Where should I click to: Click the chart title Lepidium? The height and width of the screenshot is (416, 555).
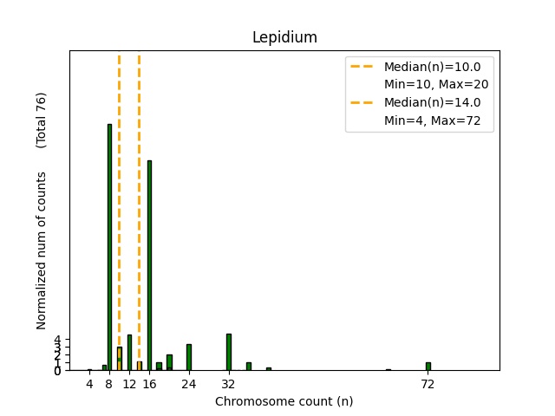[x=284, y=37]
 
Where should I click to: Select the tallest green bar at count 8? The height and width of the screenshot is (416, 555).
[x=109, y=247]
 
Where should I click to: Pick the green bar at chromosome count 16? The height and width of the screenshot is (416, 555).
[x=149, y=265]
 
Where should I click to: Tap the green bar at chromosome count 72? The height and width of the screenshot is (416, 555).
[x=428, y=367]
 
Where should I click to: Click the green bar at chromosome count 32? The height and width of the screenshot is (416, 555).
[x=229, y=352]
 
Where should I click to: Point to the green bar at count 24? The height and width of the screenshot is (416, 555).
[x=189, y=357]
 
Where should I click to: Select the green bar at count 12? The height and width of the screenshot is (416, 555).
[x=129, y=353]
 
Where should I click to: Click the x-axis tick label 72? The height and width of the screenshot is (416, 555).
[x=428, y=384]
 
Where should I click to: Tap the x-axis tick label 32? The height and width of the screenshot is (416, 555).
[x=229, y=384]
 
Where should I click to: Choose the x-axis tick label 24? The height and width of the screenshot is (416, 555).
[x=189, y=384]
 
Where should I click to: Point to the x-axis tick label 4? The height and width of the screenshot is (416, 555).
[x=89, y=384]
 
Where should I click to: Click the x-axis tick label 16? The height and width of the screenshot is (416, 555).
[x=149, y=384]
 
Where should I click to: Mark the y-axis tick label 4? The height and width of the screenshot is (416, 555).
[x=57, y=340]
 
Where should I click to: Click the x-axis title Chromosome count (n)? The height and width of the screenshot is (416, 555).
[x=284, y=401]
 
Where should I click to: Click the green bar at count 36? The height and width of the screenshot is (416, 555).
[x=249, y=367]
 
